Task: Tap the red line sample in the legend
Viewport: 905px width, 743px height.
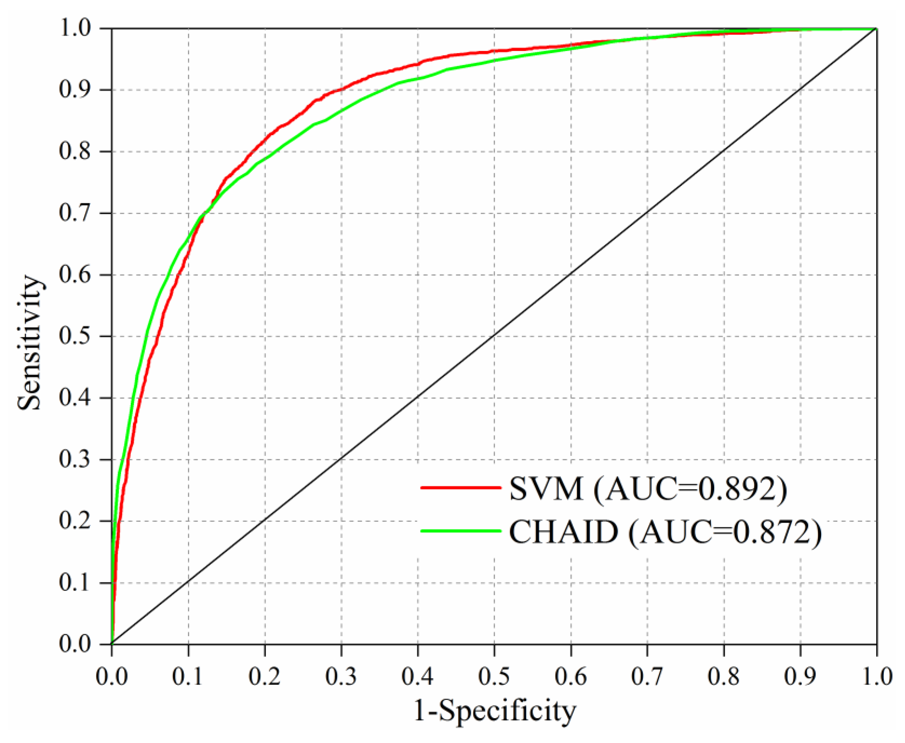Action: pos(460,488)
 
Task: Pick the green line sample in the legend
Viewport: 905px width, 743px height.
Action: pos(460,531)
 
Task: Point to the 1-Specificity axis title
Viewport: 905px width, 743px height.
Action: pos(495,711)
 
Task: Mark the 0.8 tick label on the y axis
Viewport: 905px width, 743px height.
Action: pos(75,151)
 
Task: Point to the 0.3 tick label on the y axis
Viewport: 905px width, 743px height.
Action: pos(75,459)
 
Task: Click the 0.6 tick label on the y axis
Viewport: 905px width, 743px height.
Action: pos(75,275)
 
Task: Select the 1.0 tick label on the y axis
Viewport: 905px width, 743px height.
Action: pos(75,29)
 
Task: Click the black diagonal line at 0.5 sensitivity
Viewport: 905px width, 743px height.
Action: pos(494,336)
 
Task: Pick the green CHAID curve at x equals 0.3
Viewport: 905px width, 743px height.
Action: pos(341,110)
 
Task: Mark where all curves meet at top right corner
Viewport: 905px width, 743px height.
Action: pos(876,29)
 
